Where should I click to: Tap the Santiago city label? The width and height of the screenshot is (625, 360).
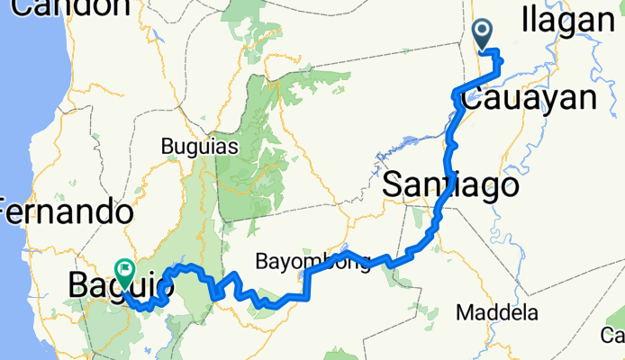click(451, 185)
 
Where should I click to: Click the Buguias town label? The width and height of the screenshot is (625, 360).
click(198, 146)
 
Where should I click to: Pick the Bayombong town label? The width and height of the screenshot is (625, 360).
click(312, 264)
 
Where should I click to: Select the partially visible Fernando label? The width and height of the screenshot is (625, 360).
click(66, 214)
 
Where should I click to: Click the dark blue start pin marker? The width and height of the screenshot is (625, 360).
click(483, 34)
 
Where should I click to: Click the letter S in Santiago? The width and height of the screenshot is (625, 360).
click(394, 185)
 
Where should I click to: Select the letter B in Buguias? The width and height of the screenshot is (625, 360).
click(166, 146)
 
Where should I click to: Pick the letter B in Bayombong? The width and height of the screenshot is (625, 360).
click(261, 264)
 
